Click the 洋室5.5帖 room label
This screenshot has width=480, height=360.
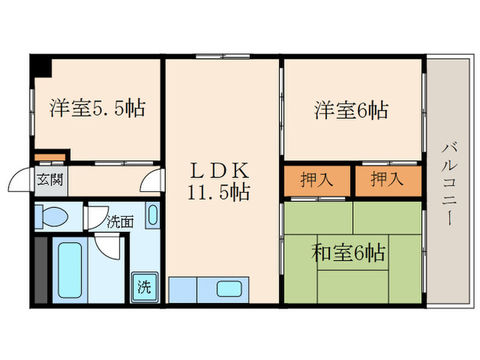point(97,108)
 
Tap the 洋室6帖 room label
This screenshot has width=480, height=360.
point(351,110)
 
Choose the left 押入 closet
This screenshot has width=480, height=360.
point(317,181)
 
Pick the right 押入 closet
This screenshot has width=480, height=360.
point(387,181)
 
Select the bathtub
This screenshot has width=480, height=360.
point(69,268)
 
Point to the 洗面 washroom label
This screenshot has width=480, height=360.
point(119,221)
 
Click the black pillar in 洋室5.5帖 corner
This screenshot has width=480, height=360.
point(43,66)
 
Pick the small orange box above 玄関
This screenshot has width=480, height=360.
point(50,158)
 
